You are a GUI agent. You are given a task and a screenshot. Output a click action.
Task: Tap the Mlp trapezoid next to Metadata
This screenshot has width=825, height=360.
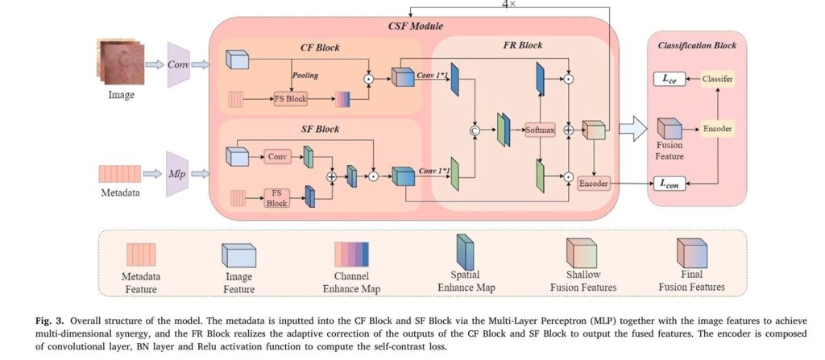178,172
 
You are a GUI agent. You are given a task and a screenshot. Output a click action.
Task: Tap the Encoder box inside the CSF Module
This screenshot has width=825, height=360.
594,184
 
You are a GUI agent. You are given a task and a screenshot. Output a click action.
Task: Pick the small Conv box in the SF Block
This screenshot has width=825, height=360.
277,155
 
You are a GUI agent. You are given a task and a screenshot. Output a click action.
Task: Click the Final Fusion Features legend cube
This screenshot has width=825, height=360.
691,252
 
